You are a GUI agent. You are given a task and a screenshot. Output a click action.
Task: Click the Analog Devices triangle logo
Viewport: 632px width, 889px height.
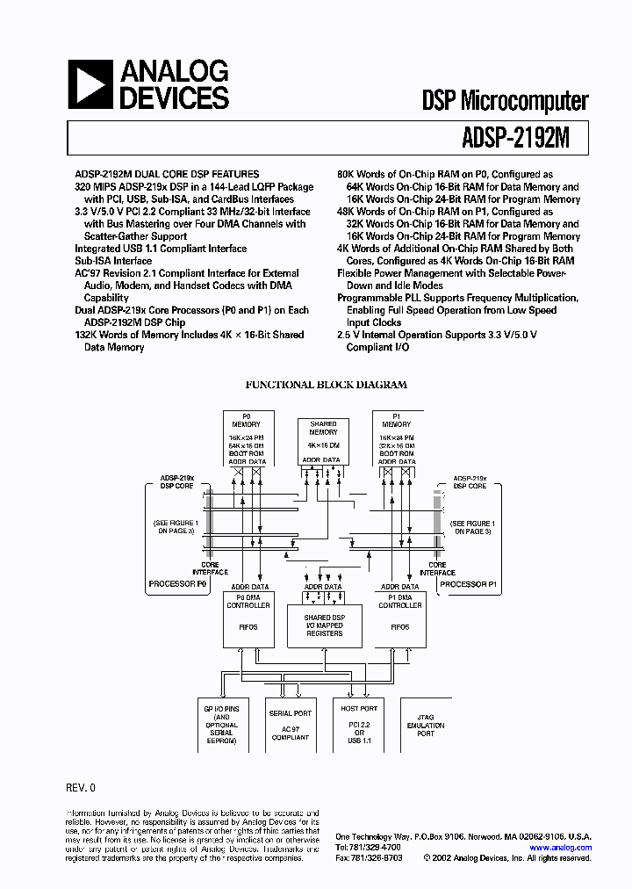(90, 84)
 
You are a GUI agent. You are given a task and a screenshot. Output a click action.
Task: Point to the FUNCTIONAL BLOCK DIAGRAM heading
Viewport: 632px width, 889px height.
(326, 385)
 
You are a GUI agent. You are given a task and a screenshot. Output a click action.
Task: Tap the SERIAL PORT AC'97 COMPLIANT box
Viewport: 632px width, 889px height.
(290, 726)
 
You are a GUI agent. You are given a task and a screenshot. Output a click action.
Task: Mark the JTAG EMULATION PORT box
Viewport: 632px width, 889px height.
(426, 726)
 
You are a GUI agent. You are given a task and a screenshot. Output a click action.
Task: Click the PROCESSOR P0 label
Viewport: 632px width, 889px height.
(176, 584)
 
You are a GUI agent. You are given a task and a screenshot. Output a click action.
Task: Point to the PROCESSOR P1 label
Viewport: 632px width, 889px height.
(468, 584)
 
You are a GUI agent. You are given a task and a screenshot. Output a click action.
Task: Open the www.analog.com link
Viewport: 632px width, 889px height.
(561, 847)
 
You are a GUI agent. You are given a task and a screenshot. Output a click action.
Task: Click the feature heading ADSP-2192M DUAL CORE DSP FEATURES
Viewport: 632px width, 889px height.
(167, 175)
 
